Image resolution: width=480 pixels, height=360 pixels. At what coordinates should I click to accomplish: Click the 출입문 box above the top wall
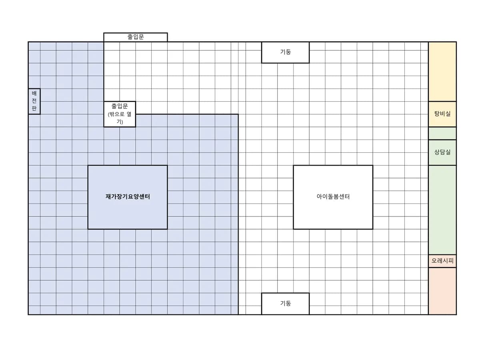(x=135, y=37)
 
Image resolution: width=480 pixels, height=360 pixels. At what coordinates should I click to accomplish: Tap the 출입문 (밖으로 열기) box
(x=120, y=114)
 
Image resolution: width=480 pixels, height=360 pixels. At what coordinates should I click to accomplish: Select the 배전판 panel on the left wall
(x=34, y=102)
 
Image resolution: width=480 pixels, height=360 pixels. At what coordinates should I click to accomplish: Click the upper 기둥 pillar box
(x=285, y=52)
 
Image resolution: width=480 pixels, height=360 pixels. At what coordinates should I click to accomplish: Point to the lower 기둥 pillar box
(x=285, y=304)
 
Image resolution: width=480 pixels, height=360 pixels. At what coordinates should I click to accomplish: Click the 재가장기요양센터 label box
(x=128, y=197)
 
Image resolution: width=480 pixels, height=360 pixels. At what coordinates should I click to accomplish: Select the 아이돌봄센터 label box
(x=333, y=197)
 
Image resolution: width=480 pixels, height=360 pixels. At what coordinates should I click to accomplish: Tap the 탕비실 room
(x=442, y=114)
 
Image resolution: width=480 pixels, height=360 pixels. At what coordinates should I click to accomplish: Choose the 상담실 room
(x=442, y=152)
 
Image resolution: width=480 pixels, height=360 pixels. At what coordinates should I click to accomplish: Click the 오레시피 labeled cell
(x=442, y=261)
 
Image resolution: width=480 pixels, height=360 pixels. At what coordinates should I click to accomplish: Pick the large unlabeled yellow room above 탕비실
(x=442, y=72)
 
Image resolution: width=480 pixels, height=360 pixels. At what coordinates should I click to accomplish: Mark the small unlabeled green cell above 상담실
(x=442, y=133)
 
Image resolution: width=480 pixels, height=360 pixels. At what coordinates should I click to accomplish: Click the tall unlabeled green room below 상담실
(x=442, y=210)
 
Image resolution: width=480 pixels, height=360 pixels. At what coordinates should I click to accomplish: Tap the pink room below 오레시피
(x=442, y=291)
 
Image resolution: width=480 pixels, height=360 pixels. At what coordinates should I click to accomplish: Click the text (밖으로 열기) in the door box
(x=120, y=118)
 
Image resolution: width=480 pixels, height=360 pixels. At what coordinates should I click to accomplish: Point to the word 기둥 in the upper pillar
(x=285, y=52)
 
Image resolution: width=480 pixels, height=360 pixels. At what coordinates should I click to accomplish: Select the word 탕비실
(x=442, y=114)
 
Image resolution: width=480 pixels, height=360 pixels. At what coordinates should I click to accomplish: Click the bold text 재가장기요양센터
(x=128, y=197)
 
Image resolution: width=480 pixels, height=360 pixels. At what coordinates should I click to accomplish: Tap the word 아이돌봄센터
(x=333, y=197)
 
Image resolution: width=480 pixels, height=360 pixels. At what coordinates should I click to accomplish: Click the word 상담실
(x=442, y=152)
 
